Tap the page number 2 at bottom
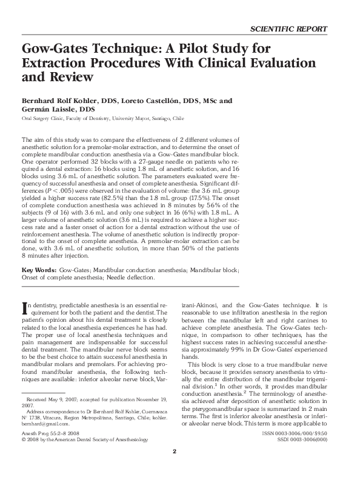[175, 468]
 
